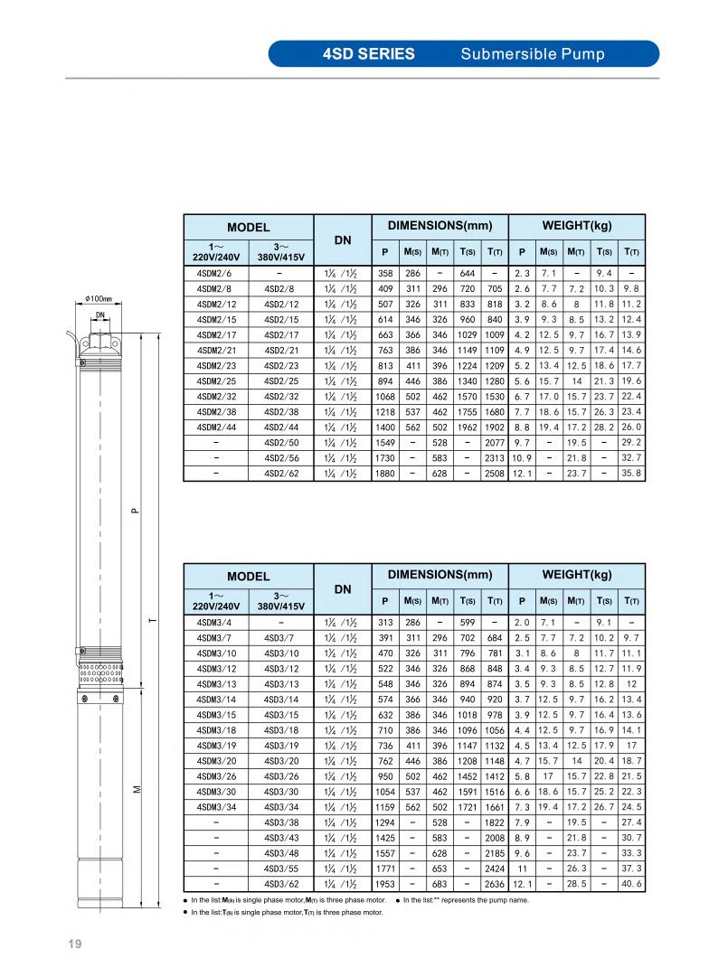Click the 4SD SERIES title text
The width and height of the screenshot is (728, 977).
(x=369, y=53)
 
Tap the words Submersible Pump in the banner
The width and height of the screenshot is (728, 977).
(x=533, y=53)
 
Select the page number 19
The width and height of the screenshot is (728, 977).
(x=74, y=944)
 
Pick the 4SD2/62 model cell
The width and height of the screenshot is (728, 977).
(x=281, y=473)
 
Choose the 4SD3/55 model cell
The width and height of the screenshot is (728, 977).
(x=281, y=868)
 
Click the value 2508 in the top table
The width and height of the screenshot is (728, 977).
(x=495, y=473)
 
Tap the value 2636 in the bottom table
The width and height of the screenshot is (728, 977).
(x=495, y=883)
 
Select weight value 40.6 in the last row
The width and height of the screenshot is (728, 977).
(x=631, y=883)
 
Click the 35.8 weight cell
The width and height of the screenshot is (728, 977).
(x=631, y=473)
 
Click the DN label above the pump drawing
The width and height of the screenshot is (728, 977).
(x=99, y=315)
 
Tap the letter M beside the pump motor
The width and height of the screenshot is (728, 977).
(x=135, y=789)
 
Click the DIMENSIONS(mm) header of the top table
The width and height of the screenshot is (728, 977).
(x=440, y=224)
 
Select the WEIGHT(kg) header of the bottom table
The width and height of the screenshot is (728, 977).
(x=576, y=574)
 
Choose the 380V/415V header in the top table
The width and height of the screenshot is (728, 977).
(x=281, y=255)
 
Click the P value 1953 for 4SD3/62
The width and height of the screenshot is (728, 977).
(x=385, y=883)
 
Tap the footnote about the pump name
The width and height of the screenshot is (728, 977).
(x=466, y=899)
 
